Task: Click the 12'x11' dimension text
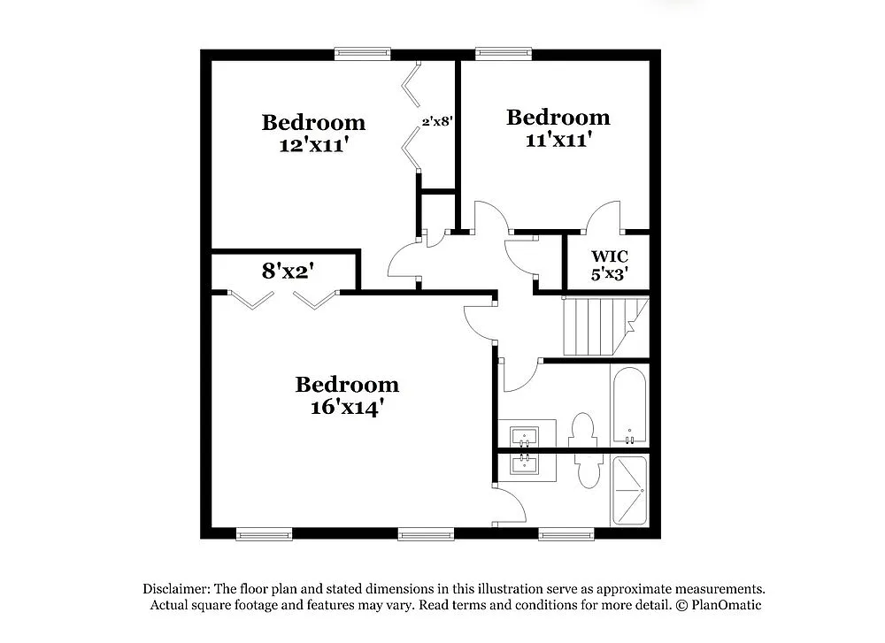coord(312,144)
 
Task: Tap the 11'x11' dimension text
coord(557,140)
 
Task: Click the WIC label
coord(610,256)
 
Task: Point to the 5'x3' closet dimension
coord(610,274)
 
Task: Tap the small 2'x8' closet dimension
coord(437,122)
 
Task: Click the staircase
coord(602,325)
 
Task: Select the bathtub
coord(630,407)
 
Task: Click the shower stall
coord(629,490)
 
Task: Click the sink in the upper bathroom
coord(524,436)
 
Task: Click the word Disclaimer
coord(175,589)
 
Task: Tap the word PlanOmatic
coord(726,605)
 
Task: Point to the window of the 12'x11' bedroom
coord(361,53)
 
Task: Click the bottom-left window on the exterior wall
coord(264,534)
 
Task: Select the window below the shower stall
coord(566,534)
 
